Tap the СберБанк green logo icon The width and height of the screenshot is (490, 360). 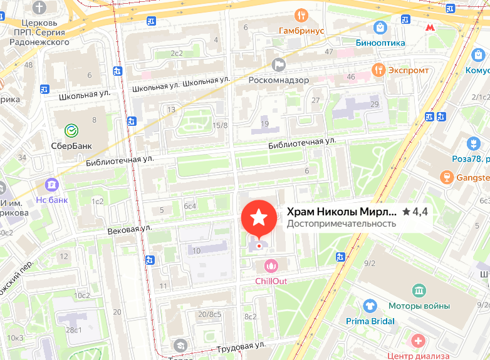(x=72, y=130)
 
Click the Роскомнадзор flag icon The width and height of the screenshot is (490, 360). (x=279, y=64)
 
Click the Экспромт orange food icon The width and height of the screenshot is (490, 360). (x=377, y=69)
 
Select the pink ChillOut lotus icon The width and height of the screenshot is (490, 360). (x=271, y=266)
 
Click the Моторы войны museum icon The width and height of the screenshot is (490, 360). (x=419, y=291)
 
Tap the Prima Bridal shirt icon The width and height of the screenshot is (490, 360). (x=370, y=306)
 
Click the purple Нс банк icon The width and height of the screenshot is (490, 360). (x=51, y=185)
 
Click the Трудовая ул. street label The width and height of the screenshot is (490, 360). (x=241, y=346)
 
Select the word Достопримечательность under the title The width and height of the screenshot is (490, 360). (x=341, y=224)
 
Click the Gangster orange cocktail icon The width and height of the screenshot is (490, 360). (x=447, y=177)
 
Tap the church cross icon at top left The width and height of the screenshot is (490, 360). (x=40, y=8)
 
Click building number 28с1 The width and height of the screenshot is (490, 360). (x=73, y=330)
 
